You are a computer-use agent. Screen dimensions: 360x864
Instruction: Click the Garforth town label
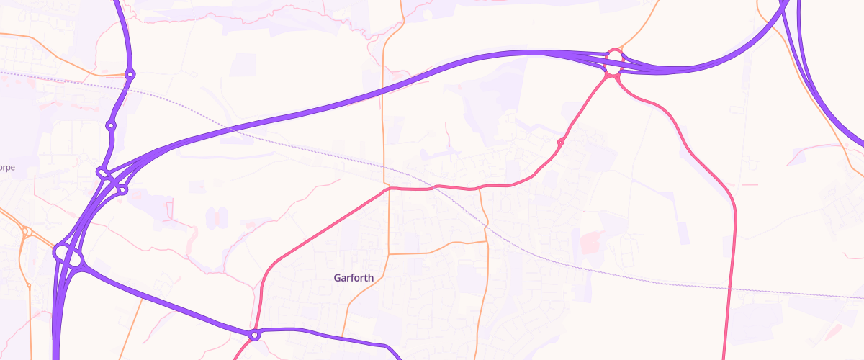tap(354, 277)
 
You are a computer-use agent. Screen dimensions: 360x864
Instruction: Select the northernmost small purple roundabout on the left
tap(130, 74)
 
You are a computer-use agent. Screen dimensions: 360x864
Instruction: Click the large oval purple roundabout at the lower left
tap(68, 255)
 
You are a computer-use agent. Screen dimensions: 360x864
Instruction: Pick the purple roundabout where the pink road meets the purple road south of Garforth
tap(254, 335)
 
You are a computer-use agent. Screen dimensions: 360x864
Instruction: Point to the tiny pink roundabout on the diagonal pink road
tap(561, 142)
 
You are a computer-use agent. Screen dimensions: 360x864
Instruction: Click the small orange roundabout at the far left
tap(25, 232)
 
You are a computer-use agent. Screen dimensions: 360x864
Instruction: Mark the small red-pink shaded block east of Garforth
tap(589, 242)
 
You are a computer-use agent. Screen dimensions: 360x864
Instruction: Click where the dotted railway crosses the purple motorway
tap(232, 129)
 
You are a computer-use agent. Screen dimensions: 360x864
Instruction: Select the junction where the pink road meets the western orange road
tap(388, 189)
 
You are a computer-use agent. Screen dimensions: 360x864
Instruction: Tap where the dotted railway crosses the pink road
tap(437, 187)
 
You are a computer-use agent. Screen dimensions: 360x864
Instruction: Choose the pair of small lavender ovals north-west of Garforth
tap(217, 216)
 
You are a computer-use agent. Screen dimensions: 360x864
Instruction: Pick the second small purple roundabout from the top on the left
tap(111, 126)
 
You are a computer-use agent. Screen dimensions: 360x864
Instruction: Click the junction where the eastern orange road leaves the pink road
tap(480, 188)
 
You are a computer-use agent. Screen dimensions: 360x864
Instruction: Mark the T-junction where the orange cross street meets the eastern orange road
tap(488, 241)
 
